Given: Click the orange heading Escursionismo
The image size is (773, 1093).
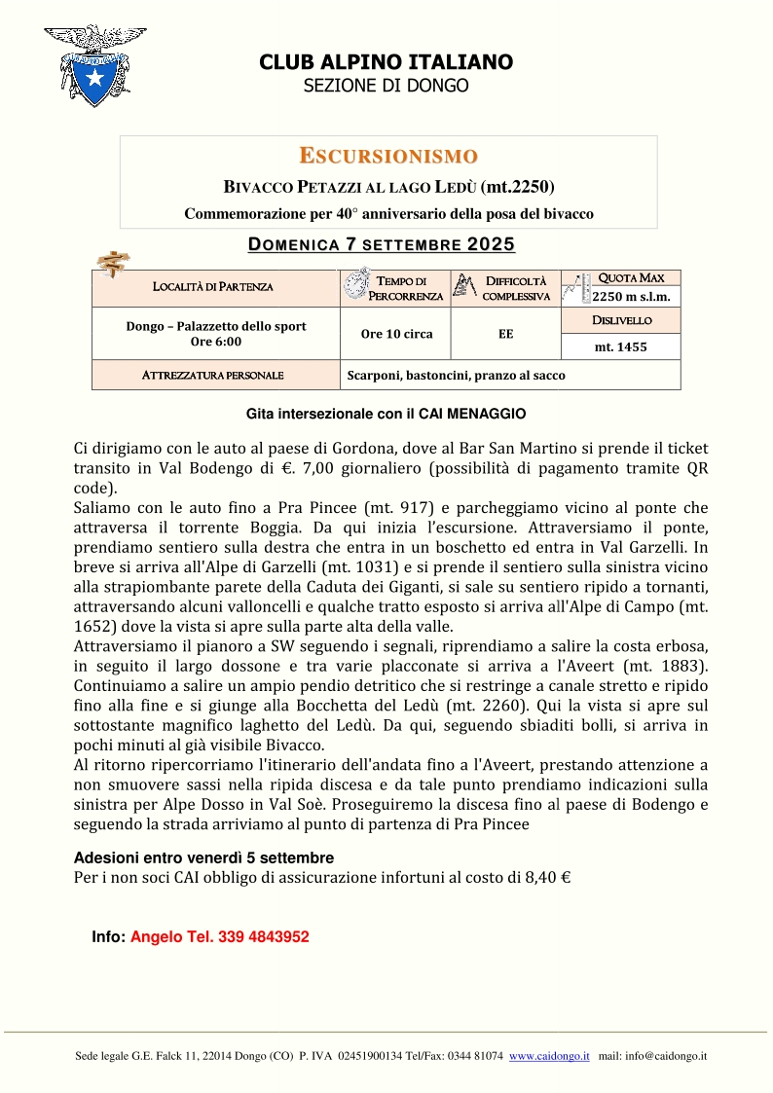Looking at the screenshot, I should click(387, 156).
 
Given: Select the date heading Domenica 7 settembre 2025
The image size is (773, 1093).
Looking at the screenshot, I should click(381, 244).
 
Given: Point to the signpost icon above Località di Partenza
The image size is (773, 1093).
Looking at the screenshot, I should click(115, 263).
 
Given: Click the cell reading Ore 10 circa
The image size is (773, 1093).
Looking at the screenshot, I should click(396, 334).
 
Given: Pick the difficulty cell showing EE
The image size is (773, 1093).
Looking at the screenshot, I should click(506, 334).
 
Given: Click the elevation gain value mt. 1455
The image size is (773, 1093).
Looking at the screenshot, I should click(621, 346).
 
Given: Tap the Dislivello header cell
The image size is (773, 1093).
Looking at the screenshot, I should click(621, 320).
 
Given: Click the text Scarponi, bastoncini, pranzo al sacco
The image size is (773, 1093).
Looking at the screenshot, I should click(456, 375).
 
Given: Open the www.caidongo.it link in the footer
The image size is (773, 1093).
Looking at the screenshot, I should click(549, 1055).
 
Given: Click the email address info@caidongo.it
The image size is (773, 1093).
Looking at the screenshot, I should click(668, 1055).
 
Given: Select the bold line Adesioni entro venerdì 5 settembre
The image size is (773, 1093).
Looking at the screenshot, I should click(203, 858).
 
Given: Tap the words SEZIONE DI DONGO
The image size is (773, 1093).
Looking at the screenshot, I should click(386, 86).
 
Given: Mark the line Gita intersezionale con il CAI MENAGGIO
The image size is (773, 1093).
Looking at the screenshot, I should click(386, 414).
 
